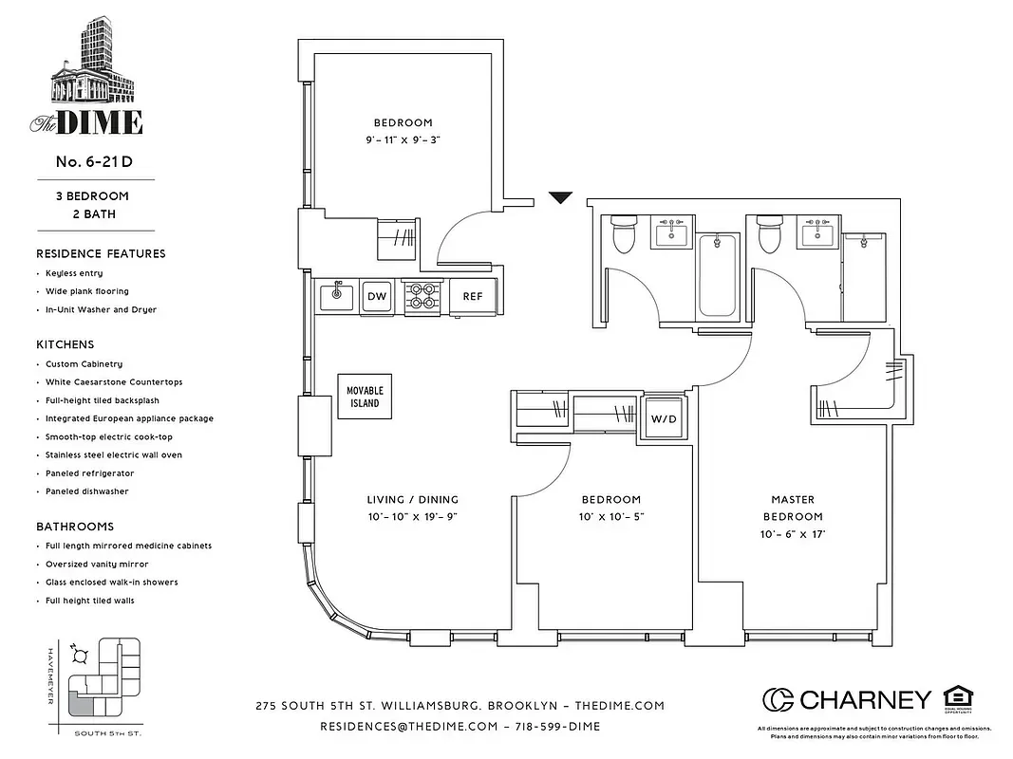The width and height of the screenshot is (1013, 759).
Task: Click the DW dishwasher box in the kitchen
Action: click(377, 296)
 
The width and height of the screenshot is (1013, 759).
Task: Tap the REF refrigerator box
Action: click(472, 296)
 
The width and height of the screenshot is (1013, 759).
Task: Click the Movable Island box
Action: click(365, 397)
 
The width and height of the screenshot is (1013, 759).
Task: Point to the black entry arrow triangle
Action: click(561, 198)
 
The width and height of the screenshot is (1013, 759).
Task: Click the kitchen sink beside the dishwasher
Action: click(336, 296)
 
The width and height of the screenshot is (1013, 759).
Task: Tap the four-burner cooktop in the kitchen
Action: click(421, 296)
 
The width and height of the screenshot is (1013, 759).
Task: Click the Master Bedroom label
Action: click(793, 508)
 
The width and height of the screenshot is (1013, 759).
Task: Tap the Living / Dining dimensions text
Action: click(412, 517)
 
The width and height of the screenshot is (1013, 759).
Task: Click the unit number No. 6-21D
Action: click(94, 161)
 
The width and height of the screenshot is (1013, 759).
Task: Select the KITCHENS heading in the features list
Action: click(66, 344)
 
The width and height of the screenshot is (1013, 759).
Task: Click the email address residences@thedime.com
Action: click(409, 726)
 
